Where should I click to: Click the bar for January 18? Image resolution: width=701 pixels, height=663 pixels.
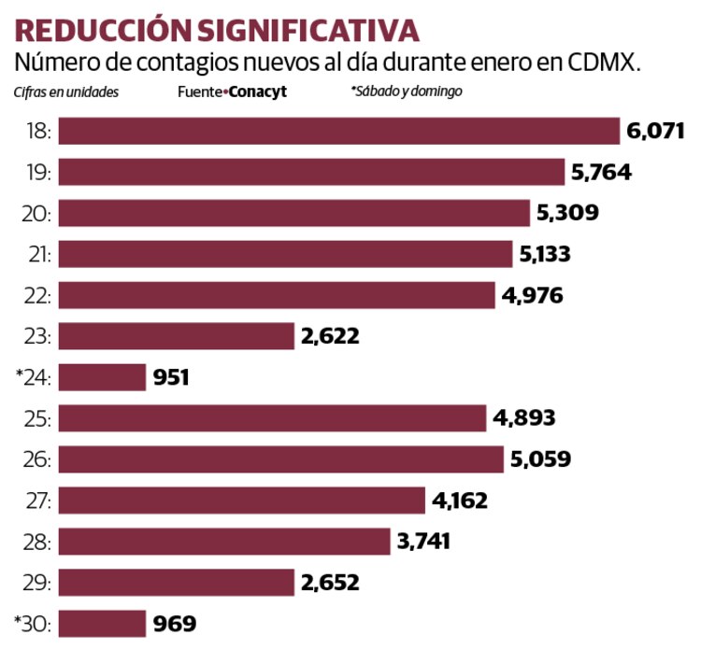pyautogui.click(x=338, y=131)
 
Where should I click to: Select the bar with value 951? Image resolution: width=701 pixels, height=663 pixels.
pyautogui.click(x=102, y=377)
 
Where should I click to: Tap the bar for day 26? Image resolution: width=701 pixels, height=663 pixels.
pyautogui.click(x=280, y=459)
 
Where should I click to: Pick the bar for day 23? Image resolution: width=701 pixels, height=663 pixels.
pyautogui.click(x=176, y=336)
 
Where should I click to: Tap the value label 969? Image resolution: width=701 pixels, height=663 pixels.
pyautogui.click(x=175, y=624)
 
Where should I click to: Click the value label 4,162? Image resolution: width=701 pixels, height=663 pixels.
pyautogui.click(x=460, y=501)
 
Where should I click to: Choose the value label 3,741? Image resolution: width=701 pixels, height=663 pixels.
pyautogui.click(x=424, y=542)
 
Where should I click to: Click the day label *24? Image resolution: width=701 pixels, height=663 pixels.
pyautogui.click(x=31, y=377)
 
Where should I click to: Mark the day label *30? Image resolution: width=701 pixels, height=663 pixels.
pyautogui.click(x=31, y=624)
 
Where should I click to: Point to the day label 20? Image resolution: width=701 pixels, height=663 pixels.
pyautogui.click(x=35, y=213)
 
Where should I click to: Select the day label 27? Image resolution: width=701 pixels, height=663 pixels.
pyautogui.click(x=35, y=501)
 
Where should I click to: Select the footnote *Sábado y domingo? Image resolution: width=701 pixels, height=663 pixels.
pyautogui.click(x=406, y=92)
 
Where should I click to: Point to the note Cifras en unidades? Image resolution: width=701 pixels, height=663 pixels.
pyautogui.click(x=65, y=92)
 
